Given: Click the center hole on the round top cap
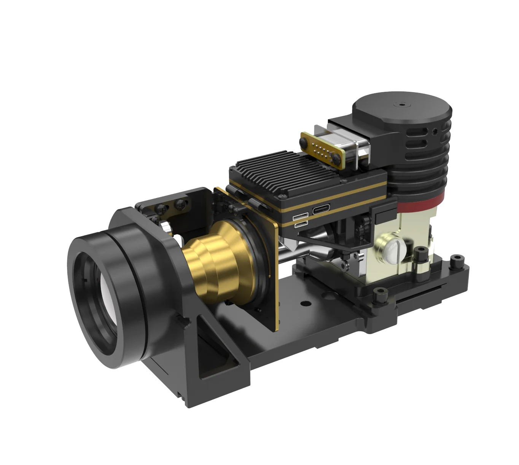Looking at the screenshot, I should coord(401,104).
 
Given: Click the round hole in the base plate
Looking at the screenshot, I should coord(303,304).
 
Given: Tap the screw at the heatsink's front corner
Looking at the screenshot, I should coord(282,197).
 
